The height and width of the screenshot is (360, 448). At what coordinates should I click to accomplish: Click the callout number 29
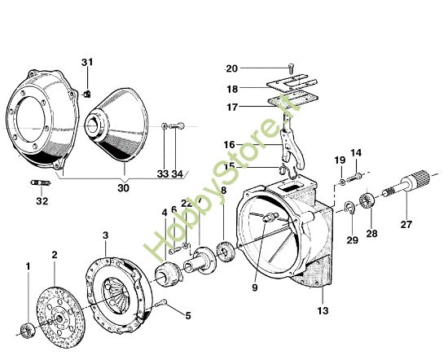[x=352, y=239]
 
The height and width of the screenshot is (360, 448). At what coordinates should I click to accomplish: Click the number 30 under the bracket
[x=123, y=187]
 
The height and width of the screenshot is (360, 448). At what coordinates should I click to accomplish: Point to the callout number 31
[x=87, y=63]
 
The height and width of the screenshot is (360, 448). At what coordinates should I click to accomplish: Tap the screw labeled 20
[x=291, y=69]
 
